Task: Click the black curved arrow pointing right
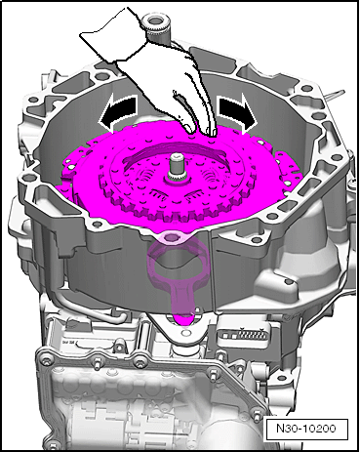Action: [237, 113]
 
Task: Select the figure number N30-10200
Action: [305, 428]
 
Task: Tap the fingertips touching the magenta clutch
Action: [202, 130]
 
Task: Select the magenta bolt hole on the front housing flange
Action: [170, 237]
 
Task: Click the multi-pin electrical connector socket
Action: [247, 335]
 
